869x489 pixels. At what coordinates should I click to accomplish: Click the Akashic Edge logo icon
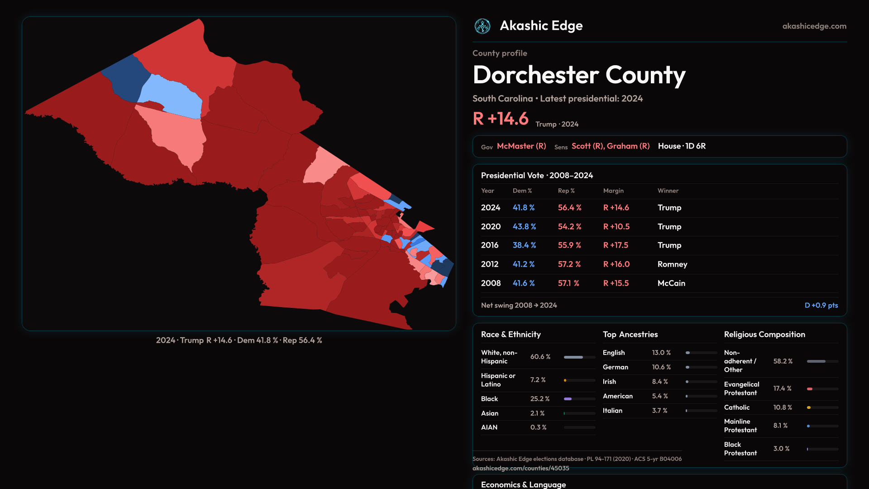(482, 26)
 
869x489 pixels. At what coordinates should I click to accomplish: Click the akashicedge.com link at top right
(814, 26)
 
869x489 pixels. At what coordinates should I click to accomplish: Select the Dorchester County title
(579, 75)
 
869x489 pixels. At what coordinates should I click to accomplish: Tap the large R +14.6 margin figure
(501, 119)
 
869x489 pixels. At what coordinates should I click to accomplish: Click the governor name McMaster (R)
(521, 146)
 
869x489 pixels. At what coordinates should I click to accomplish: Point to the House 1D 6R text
(682, 146)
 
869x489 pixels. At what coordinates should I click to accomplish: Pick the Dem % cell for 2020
(524, 226)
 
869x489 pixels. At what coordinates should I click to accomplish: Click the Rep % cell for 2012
(569, 264)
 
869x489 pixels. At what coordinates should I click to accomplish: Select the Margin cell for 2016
(616, 245)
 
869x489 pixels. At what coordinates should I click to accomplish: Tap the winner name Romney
(672, 264)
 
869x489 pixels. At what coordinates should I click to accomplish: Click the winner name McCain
(671, 283)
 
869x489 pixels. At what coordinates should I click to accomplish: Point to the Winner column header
(668, 191)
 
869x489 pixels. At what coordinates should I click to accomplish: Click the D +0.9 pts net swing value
(821, 305)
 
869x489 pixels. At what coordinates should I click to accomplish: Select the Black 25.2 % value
(540, 399)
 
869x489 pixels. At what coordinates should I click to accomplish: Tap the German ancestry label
(615, 367)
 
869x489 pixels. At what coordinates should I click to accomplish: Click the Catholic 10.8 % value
(783, 407)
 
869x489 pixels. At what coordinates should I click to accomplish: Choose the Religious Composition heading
(764, 335)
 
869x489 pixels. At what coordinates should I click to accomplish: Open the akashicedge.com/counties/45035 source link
(520, 468)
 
